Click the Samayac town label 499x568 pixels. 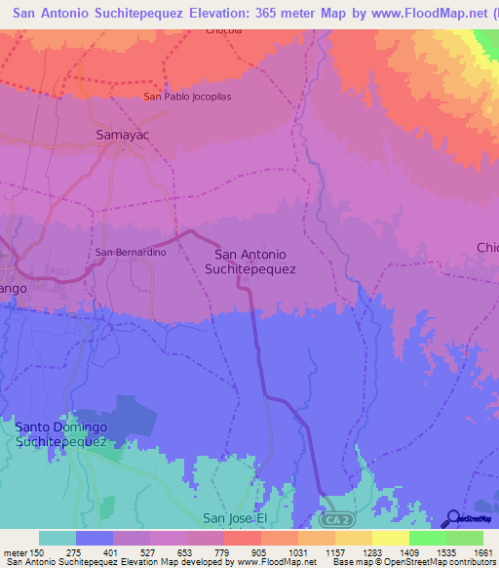point(122,135)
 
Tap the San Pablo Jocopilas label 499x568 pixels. point(187,97)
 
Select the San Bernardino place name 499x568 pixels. point(131,253)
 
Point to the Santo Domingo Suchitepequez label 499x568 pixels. point(60,434)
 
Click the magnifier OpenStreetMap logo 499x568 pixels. point(453,517)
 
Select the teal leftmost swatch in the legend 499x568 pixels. point(57,539)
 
